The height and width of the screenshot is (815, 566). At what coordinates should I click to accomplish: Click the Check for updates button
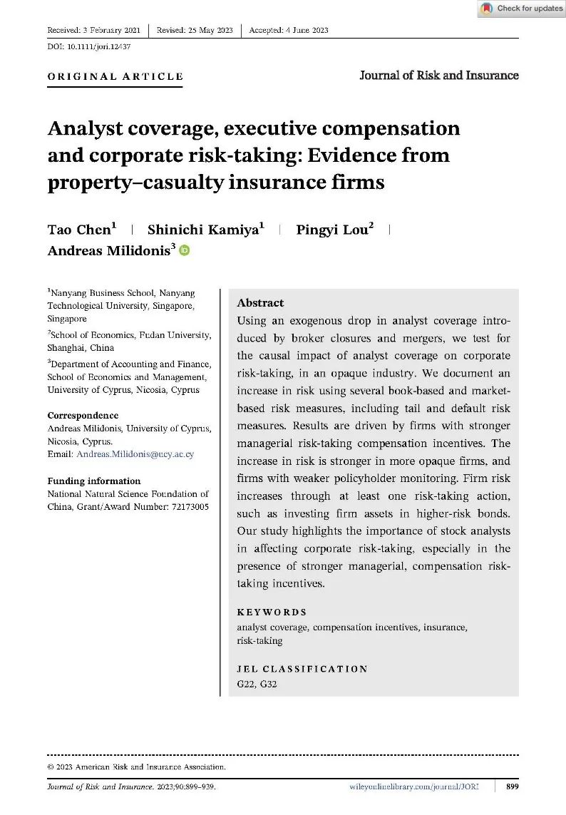pyautogui.click(x=522, y=9)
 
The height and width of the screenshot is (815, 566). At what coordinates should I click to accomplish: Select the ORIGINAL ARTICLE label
pyautogui.click(x=115, y=76)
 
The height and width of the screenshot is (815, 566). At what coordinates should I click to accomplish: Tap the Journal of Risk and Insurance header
pyautogui.click(x=438, y=75)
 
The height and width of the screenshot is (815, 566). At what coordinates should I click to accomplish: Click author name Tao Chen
pyautogui.click(x=80, y=230)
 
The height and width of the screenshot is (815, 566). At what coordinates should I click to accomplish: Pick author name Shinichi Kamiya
pyautogui.click(x=203, y=230)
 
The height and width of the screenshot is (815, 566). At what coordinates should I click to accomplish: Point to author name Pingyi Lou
pyautogui.click(x=332, y=230)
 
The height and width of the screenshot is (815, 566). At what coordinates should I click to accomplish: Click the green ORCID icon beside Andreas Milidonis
pyautogui.click(x=185, y=250)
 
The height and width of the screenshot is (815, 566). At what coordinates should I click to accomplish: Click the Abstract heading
pyautogui.click(x=260, y=303)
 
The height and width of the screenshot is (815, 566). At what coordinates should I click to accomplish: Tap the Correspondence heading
pyautogui.click(x=83, y=416)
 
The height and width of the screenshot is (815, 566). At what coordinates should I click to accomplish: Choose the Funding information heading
pyautogui.click(x=94, y=481)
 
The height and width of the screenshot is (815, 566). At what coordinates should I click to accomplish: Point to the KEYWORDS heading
pyautogui.click(x=272, y=612)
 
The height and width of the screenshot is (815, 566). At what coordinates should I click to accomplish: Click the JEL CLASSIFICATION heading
pyautogui.click(x=302, y=670)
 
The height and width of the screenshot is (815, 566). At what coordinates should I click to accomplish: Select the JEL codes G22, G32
pyautogui.click(x=257, y=685)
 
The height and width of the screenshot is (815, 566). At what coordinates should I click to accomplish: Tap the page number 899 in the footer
pyautogui.click(x=512, y=786)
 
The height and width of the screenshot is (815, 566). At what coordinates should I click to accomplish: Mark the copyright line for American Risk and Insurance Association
pyautogui.click(x=137, y=767)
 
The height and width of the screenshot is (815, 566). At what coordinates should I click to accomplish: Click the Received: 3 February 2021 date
pyautogui.click(x=93, y=30)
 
